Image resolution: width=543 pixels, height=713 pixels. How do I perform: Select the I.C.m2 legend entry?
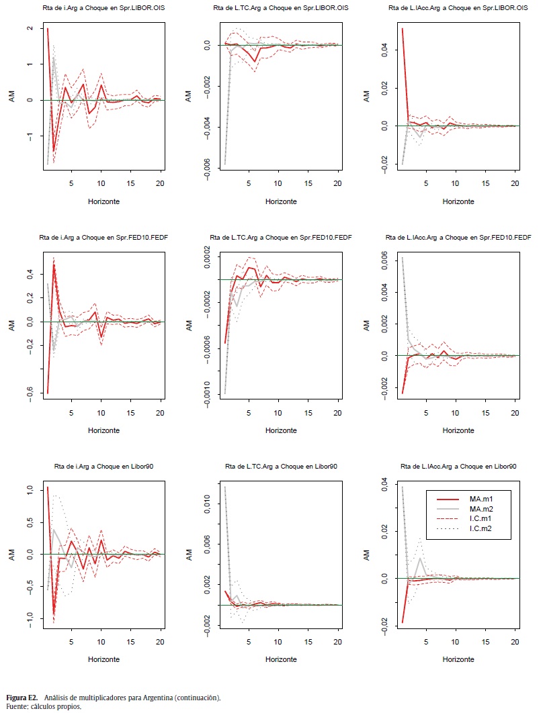coord(483,530)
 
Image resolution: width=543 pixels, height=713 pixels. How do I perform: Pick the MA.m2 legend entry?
coord(483,510)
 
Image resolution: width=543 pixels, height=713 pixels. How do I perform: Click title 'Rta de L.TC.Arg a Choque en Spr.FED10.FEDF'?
coord(281,237)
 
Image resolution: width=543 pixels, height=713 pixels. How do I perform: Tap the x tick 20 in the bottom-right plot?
coord(515,641)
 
